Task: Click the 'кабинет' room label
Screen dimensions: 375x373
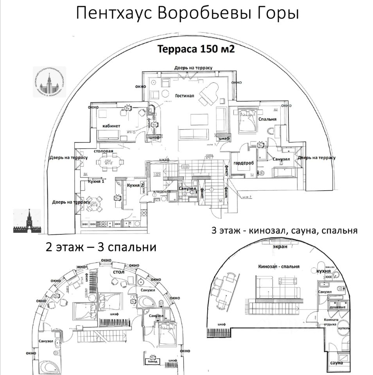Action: tap(111, 125)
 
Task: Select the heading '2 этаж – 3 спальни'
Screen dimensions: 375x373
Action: tap(101, 247)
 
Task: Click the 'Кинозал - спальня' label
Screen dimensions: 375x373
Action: tap(279, 267)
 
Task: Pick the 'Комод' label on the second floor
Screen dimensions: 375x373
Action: tap(152, 362)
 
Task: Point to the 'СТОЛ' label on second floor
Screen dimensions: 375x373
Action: tap(118, 271)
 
